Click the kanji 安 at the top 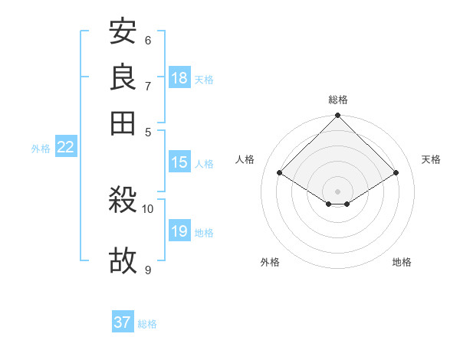[123, 32]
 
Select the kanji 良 [123, 77]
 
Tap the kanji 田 [123, 122]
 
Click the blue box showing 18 [179, 78]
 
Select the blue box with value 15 [179, 162]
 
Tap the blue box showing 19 [179, 231]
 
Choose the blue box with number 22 [65, 148]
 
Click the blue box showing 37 [123, 322]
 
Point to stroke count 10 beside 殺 [148, 208]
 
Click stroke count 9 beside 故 [148, 270]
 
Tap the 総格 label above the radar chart [338, 100]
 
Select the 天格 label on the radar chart [431, 159]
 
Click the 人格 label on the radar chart [245, 159]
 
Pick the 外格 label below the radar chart [270, 262]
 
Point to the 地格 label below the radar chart [402, 262]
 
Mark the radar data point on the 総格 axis [338, 116]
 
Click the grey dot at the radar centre [338, 191]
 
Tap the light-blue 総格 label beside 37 [147, 324]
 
